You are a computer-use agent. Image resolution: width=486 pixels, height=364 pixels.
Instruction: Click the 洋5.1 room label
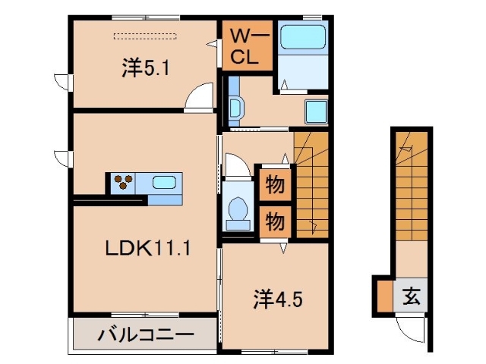145,68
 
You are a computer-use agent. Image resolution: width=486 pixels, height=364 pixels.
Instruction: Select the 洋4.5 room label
278,298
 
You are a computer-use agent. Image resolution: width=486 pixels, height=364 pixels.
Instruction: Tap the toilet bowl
238,209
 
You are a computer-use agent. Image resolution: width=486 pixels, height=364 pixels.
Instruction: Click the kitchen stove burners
124,182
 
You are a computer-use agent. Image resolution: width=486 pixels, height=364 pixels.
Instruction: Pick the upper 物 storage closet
274,184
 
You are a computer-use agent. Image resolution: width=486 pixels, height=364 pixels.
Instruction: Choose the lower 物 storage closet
274,221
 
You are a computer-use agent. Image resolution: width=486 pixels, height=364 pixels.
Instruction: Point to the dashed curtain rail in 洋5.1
144,35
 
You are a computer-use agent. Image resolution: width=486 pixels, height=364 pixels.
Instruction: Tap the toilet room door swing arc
234,165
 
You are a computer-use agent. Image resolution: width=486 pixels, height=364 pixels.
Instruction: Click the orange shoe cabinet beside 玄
383,296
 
